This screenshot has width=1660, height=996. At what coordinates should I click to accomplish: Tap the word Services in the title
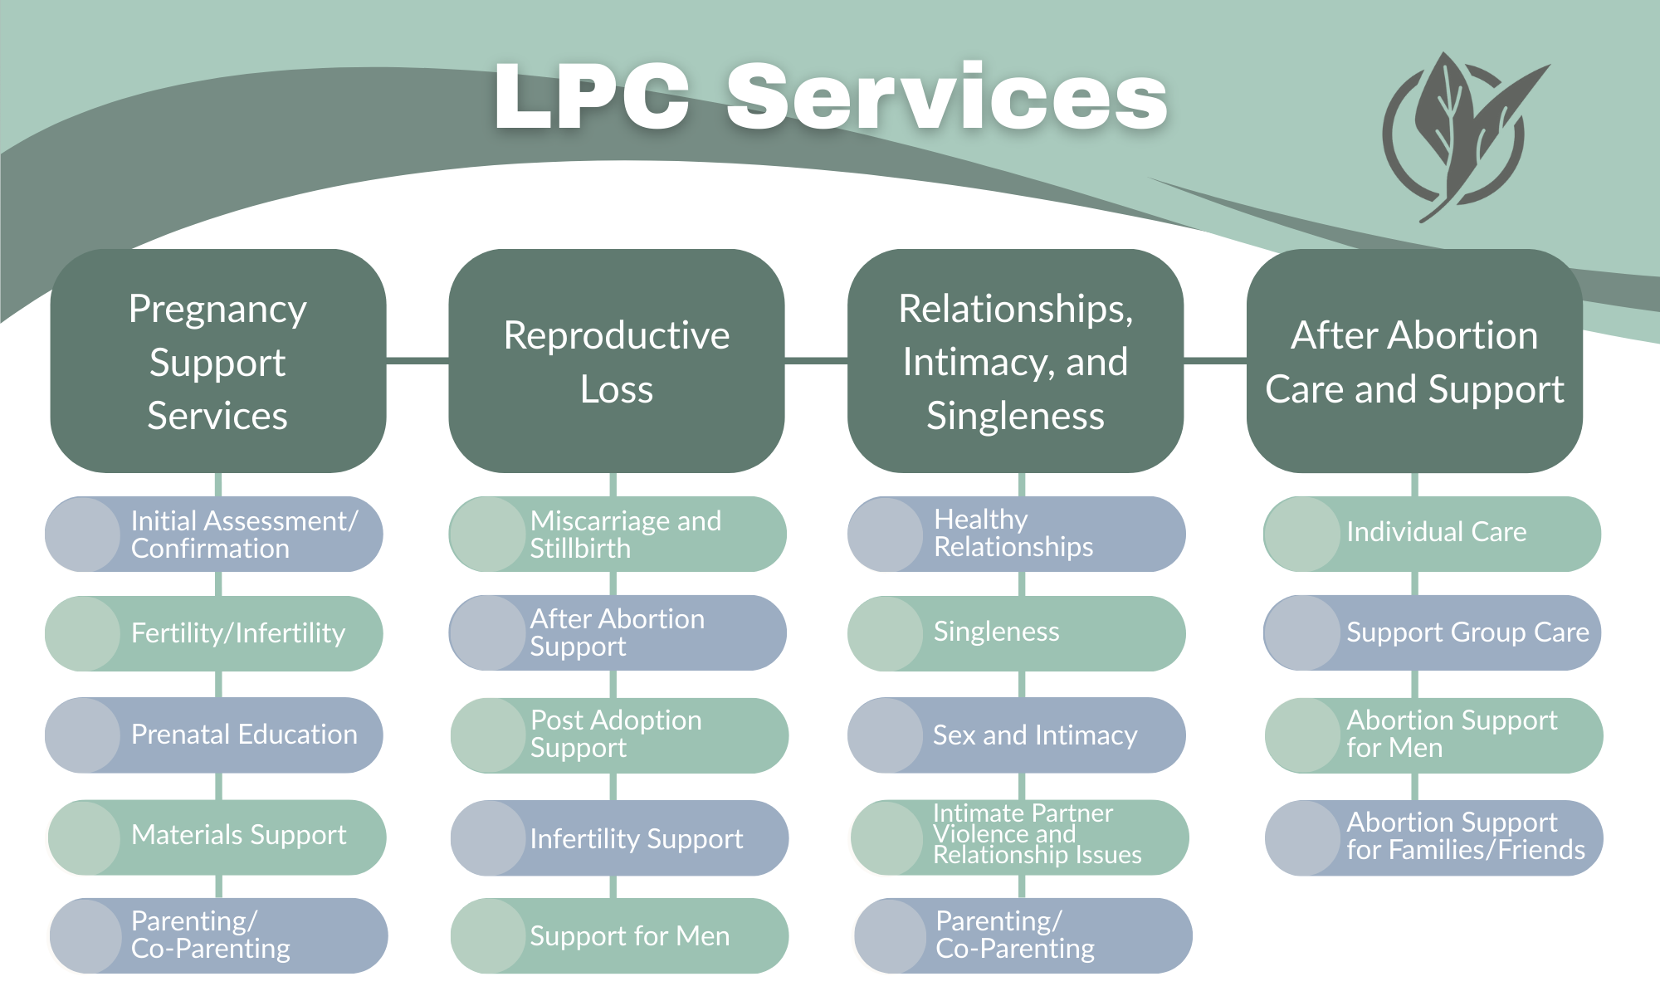[946, 98]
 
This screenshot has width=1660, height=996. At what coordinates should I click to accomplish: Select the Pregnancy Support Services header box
[217, 361]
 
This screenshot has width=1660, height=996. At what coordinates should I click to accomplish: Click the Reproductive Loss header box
[616, 361]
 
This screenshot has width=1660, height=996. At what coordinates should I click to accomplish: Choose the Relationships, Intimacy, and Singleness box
[1015, 361]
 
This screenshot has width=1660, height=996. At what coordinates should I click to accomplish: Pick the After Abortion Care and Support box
[1414, 361]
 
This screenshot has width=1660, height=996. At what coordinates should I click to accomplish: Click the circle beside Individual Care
[1301, 534]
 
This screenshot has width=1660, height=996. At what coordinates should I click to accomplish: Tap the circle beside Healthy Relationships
[886, 534]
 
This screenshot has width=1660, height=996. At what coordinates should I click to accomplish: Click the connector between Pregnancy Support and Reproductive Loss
[417, 360]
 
